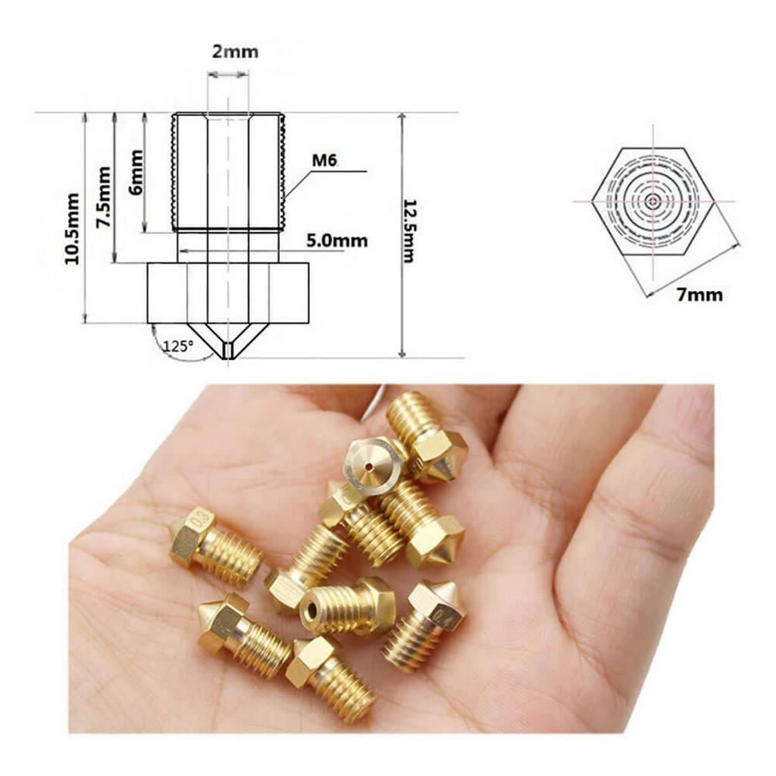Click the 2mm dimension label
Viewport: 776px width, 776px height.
[x=235, y=52]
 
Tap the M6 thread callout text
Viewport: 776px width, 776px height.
[x=324, y=161]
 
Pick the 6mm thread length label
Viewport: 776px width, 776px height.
[x=135, y=172]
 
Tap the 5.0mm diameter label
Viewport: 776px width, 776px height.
[x=337, y=240]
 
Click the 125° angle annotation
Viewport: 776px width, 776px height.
[x=178, y=345]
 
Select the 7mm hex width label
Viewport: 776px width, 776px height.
[x=699, y=296]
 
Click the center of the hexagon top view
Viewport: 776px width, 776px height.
[x=652, y=201]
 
